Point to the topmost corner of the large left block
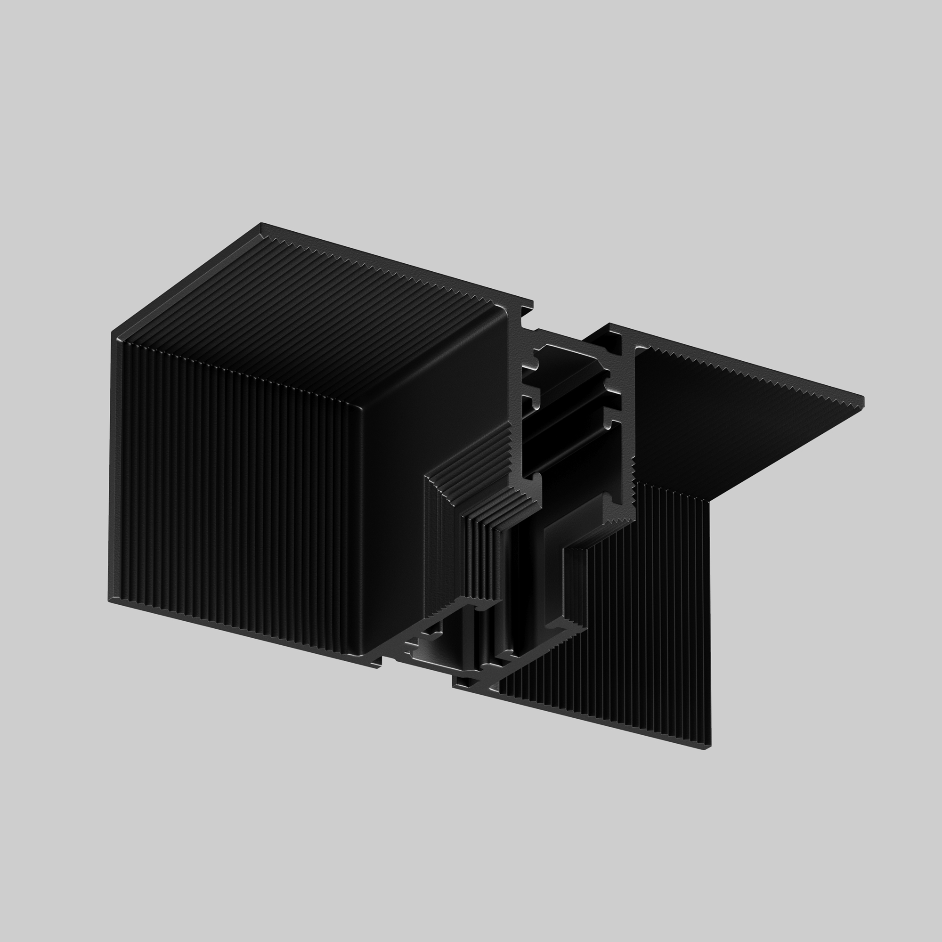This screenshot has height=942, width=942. [262, 224]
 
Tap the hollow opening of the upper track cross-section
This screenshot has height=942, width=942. [566, 414]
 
